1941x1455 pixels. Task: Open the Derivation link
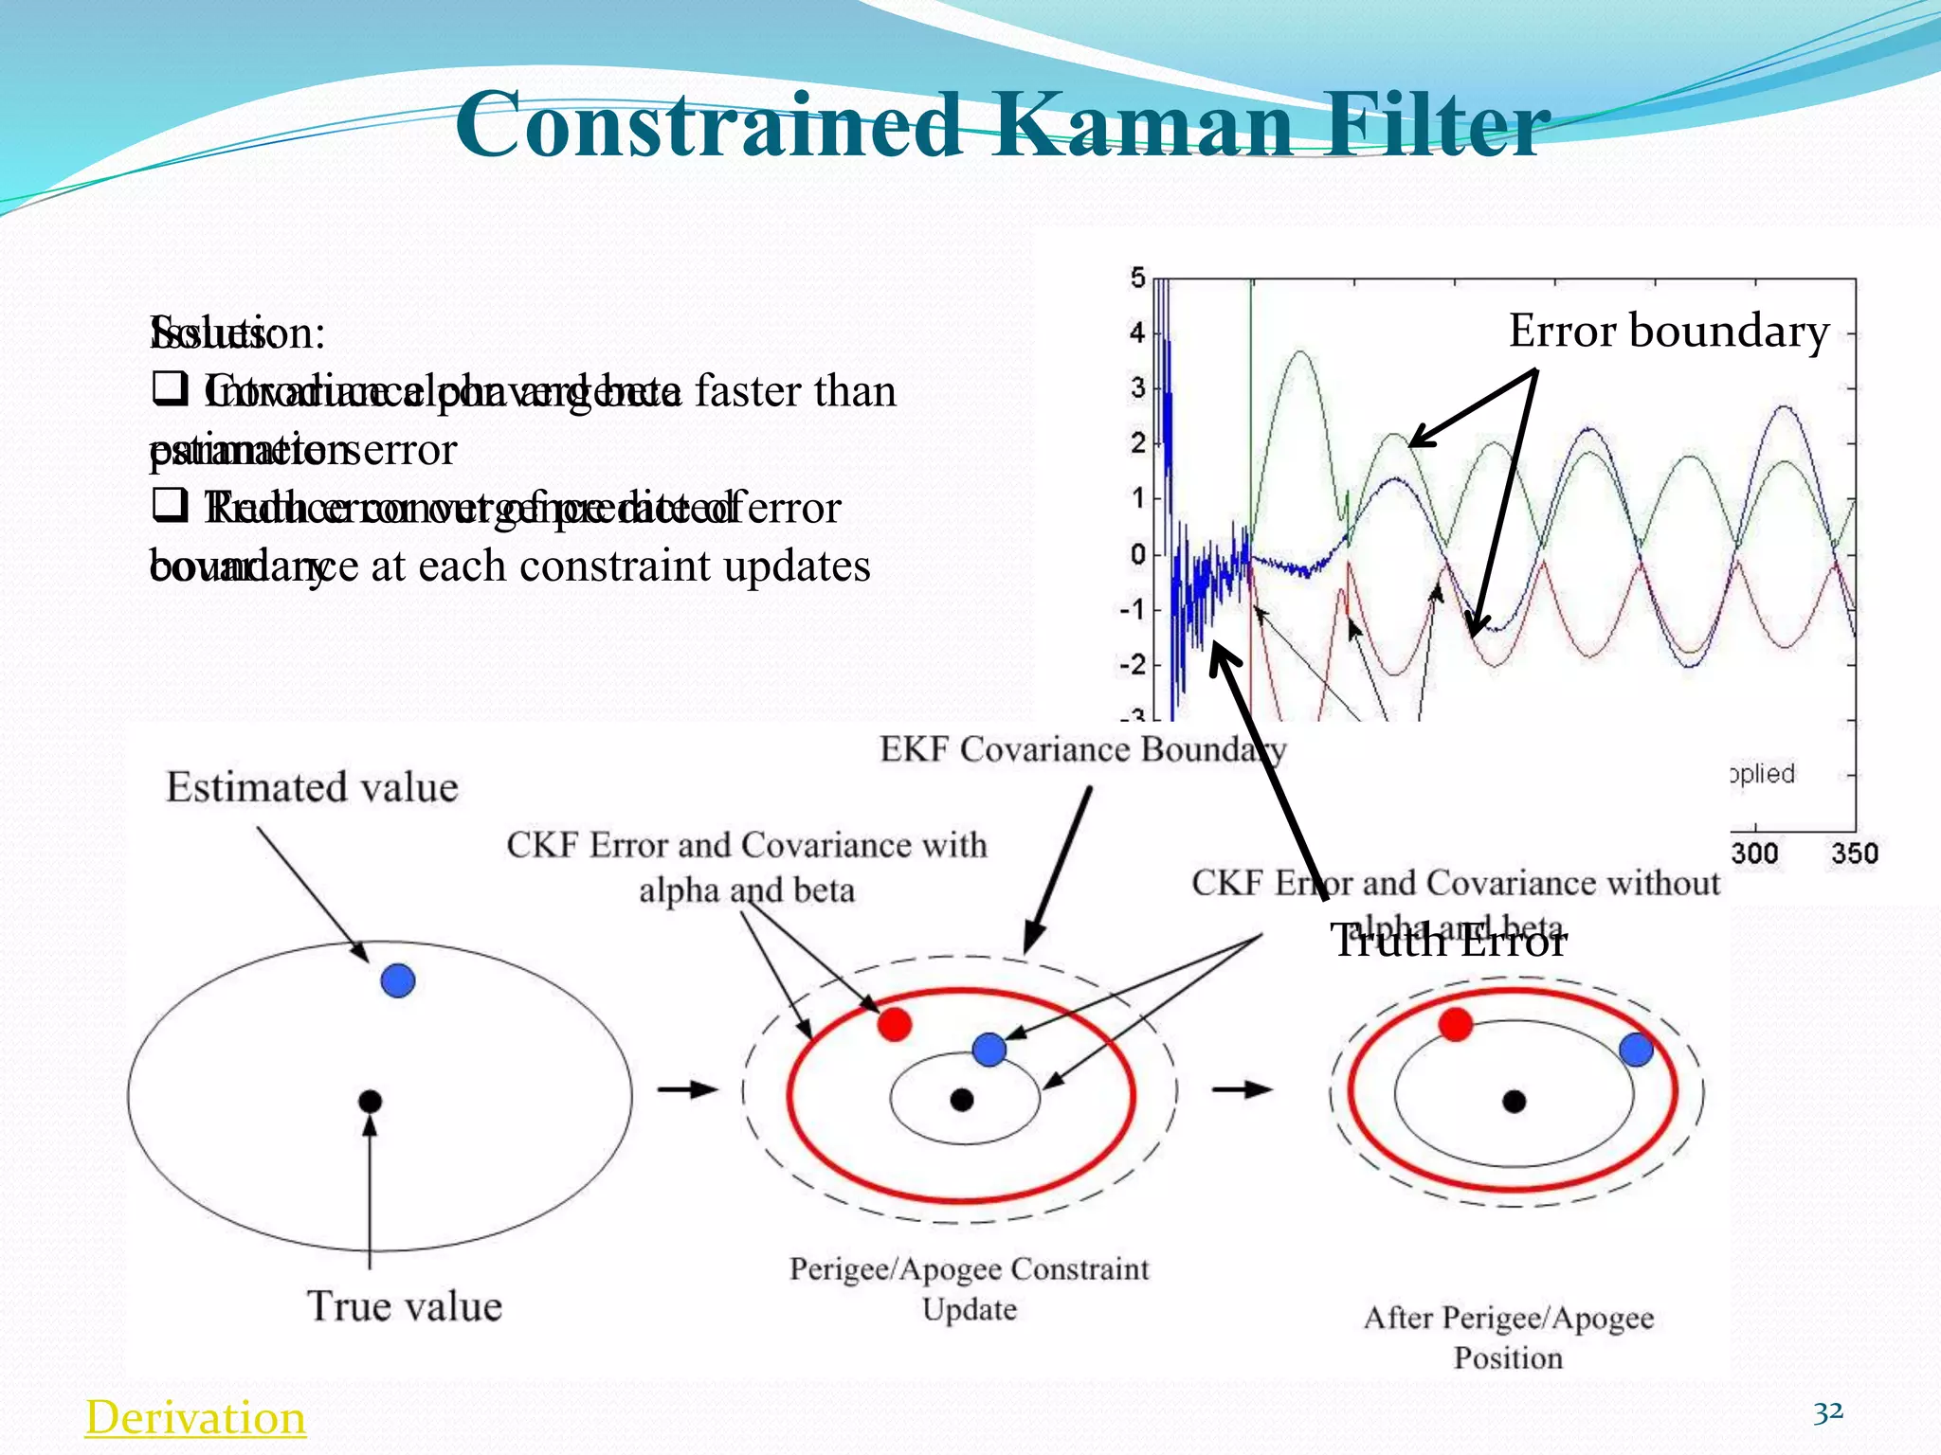195,1417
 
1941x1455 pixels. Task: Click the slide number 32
1827,1411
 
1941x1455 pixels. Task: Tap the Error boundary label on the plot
1668,332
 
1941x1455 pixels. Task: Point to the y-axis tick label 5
1137,278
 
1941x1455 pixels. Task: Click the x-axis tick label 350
1854,853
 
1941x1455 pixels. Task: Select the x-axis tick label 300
1754,853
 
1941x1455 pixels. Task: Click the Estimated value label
312,788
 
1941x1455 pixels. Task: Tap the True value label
405,1306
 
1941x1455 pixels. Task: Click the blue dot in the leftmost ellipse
398,980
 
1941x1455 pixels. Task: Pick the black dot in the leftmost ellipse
370,1101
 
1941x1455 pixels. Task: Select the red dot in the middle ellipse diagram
894,1024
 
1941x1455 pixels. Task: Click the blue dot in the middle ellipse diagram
989,1049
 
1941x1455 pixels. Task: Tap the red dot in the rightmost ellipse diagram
1455,1024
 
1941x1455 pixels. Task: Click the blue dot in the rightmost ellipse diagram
1636,1050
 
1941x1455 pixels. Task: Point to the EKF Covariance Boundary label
1082,749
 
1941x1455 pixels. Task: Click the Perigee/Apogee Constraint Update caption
969,1288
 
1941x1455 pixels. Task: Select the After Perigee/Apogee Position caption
1509,1337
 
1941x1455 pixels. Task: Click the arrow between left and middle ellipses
688,1090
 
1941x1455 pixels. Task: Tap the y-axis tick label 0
1137,553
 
